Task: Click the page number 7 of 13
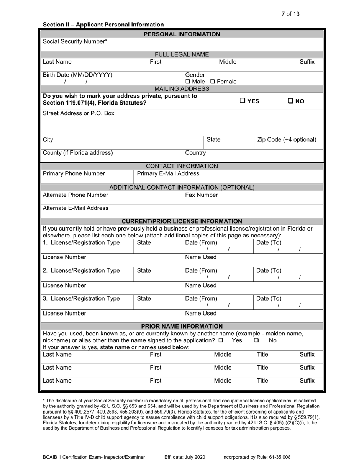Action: click(x=290, y=14)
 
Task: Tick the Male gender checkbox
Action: click(x=188, y=82)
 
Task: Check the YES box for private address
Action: click(x=243, y=101)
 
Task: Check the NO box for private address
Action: click(x=290, y=101)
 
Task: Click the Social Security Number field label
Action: click(x=75, y=41)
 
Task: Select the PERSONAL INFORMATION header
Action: click(x=182, y=34)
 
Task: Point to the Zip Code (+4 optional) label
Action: click(x=287, y=140)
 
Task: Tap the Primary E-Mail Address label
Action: click(x=168, y=173)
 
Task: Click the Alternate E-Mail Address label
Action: click(x=75, y=208)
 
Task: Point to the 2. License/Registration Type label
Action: click(x=81, y=270)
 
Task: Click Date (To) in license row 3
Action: click(x=269, y=298)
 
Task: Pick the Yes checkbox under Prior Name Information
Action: click(x=221, y=340)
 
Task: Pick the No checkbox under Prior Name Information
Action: click(x=256, y=340)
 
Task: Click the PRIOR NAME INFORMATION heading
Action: click(x=182, y=326)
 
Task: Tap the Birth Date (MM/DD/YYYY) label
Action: click(x=78, y=75)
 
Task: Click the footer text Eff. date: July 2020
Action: click(x=185, y=457)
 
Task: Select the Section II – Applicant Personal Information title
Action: click(x=103, y=25)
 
